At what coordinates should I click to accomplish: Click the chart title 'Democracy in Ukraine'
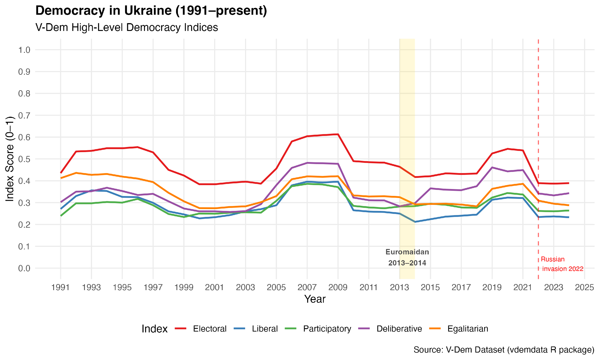[x=151, y=11]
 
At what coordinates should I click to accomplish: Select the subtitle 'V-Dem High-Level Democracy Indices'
[x=127, y=28]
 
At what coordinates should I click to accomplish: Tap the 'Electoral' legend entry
[x=210, y=329]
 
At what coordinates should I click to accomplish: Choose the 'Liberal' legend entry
[x=265, y=329]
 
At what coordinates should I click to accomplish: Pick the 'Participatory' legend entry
[x=327, y=329]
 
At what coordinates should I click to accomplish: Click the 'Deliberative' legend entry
[x=399, y=329]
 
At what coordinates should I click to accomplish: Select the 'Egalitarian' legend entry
[x=468, y=329]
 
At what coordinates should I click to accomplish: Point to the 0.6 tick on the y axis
[x=24, y=137]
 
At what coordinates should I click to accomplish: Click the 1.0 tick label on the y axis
[x=24, y=50]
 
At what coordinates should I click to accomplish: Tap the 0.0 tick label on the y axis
[x=24, y=268]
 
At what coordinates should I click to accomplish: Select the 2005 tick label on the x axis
[x=276, y=288]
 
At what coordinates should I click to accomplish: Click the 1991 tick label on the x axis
[x=61, y=288]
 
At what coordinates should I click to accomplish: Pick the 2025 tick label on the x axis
[x=584, y=288]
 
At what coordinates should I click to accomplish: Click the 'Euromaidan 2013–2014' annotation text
[x=407, y=258]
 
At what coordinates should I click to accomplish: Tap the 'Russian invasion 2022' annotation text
[x=562, y=264]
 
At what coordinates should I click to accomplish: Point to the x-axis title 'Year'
[x=315, y=299]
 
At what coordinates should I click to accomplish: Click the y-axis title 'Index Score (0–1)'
[x=10, y=159]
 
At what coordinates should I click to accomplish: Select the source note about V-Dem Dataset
[x=504, y=350]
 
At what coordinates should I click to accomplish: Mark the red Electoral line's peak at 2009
[x=338, y=134]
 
